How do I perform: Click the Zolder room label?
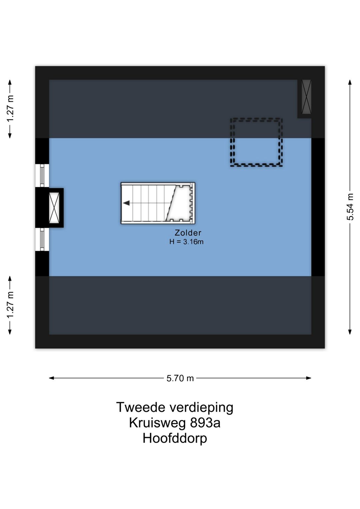(x=188, y=233)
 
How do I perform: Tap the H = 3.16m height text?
(x=186, y=242)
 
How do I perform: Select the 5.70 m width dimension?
(x=180, y=378)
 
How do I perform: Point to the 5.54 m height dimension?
(x=350, y=206)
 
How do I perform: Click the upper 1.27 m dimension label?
(x=10, y=109)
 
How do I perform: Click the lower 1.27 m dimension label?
(x=10, y=305)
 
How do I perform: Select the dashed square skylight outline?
(x=256, y=142)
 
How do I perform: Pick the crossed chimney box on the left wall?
(x=54, y=207)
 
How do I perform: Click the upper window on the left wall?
(x=42, y=175)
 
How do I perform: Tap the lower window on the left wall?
(x=42, y=239)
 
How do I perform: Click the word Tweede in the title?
(x=141, y=407)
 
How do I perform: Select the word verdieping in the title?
(x=201, y=407)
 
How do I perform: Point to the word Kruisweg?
(x=157, y=423)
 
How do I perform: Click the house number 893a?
(x=205, y=423)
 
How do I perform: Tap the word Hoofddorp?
(x=175, y=438)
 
